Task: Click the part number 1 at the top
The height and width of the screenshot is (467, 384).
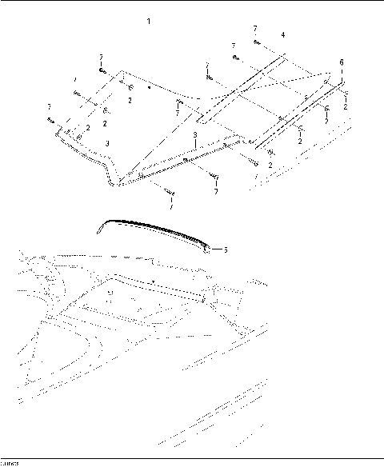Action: (150, 19)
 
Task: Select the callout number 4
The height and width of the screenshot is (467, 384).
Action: (282, 35)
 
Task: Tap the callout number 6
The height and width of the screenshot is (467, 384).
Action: (342, 62)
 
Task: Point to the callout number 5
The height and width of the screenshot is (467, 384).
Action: (226, 249)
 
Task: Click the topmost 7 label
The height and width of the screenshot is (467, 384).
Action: (255, 29)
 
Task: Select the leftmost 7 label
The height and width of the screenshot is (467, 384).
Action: (50, 107)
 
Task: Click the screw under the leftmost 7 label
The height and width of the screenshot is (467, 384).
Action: (50, 121)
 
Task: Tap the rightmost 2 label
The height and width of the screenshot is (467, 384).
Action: (345, 106)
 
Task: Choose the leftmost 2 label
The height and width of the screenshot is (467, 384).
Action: (88, 127)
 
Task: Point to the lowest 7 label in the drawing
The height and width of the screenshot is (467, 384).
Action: (215, 193)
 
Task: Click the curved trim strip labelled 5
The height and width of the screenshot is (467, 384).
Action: (152, 229)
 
